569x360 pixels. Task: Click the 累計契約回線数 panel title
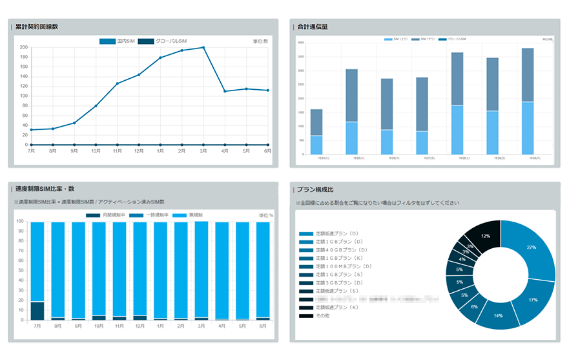coord(37,27)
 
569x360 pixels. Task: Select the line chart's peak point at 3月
coord(203,47)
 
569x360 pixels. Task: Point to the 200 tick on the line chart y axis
coord(23,48)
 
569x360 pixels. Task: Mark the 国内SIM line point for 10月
coord(96,106)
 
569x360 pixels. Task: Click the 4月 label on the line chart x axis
coord(225,151)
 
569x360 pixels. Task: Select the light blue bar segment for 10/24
coord(316,145)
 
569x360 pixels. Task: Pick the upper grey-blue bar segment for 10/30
coord(528,74)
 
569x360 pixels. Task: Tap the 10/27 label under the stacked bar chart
coord(422,158)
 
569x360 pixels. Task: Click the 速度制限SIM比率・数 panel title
coord(45,189)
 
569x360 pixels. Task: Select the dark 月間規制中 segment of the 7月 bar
coord(37,310)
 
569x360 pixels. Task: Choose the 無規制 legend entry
coord(192,215)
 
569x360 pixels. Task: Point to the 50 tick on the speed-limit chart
coord(21,270)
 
